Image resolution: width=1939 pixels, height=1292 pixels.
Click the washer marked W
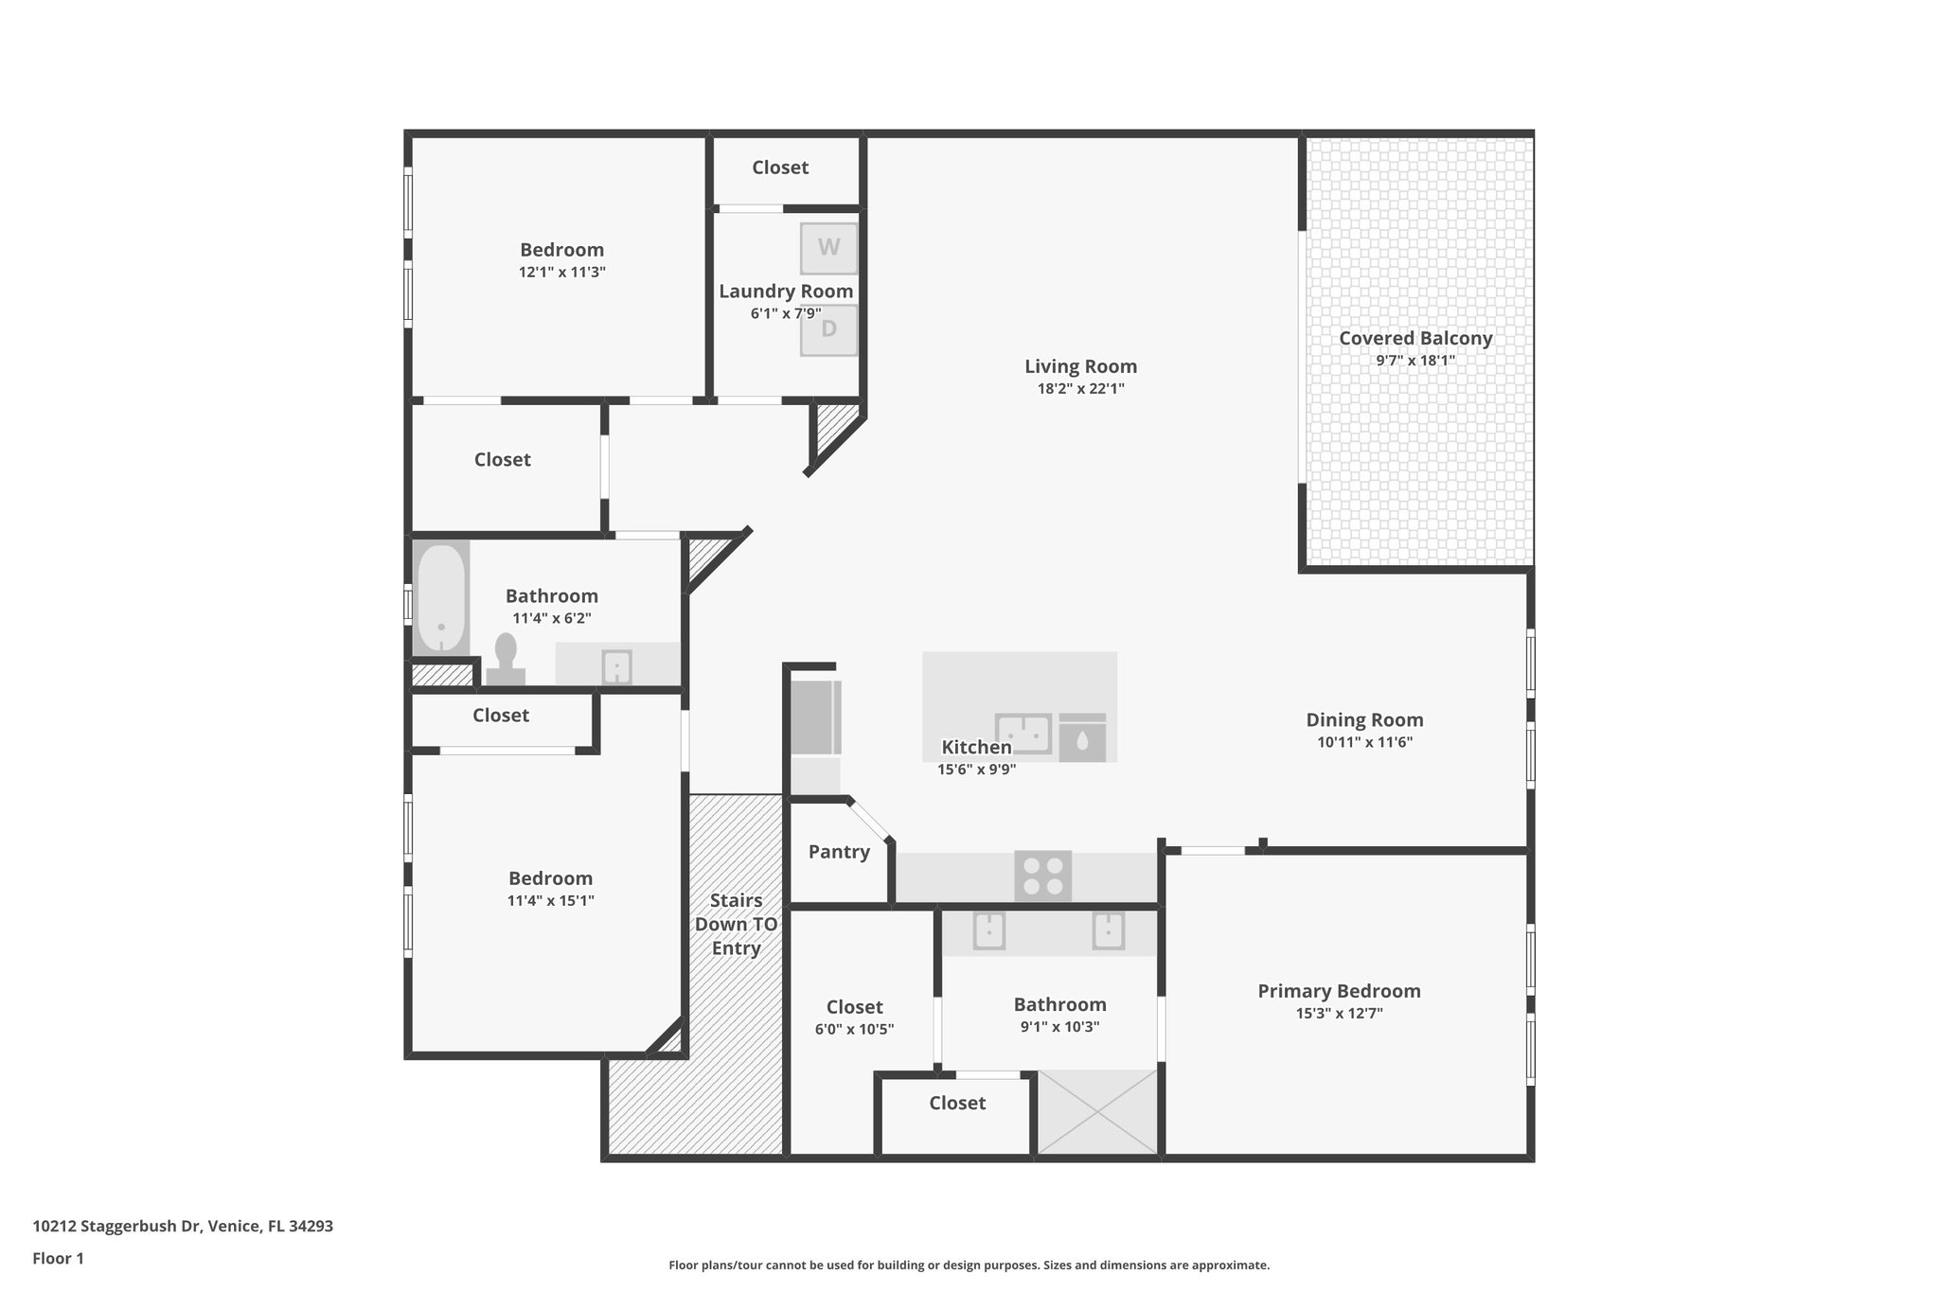click(828, 248)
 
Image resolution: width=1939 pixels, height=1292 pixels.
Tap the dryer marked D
click(828, 329)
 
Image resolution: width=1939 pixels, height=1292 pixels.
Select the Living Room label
click(1080, 366)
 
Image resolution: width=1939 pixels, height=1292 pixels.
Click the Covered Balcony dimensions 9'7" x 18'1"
click(1414, 361)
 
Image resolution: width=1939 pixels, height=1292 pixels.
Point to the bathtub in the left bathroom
click(441, 598)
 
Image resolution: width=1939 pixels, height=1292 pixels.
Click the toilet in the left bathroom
click(506, 659)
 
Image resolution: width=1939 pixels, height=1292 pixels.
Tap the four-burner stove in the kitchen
click(1042, 876)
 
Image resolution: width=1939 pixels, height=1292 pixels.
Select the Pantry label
click(839, 852)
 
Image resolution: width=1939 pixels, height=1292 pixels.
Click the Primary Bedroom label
click(1339, 991)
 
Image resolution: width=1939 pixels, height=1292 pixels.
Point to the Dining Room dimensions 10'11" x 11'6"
click(1364, 743)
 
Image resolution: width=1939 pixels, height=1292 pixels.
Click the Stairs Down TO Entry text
click(736, 924)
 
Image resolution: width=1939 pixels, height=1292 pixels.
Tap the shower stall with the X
click(1098, 1112)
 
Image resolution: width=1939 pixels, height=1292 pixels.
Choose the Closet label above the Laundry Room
click(780, 168)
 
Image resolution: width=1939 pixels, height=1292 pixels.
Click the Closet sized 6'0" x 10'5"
click(854, 1018)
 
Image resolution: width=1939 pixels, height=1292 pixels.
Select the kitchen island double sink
click(1023, 734)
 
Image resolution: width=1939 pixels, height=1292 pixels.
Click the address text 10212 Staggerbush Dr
click(183, 1226)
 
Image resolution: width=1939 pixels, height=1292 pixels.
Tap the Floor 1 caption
click(59, 1258)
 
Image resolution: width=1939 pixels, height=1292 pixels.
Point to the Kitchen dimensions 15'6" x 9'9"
click(976, 770)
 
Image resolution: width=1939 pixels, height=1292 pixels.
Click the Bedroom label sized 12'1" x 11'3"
click(561, 250)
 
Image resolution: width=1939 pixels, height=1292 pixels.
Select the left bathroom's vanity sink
click(617, 666)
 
